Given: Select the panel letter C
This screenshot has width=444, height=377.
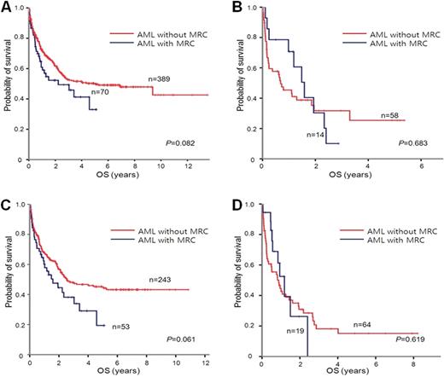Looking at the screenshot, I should pos(7,201).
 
